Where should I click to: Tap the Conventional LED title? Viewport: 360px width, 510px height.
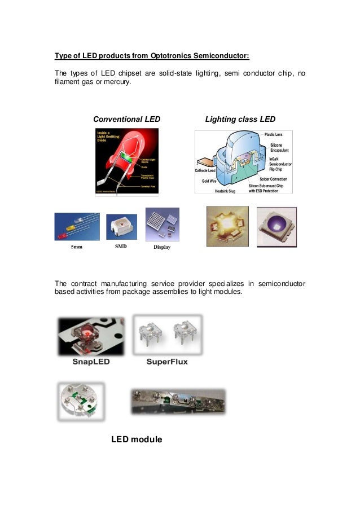[x=126, y=119]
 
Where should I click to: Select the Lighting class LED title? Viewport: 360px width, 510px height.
[x=240, y=119]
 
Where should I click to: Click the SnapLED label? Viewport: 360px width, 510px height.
[x=91, y=362]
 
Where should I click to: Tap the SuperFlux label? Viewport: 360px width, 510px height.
[x=167, y=362]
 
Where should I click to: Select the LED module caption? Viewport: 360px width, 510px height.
[x=137, y=439]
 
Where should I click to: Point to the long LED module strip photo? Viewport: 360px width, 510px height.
[x=178, y=402]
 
